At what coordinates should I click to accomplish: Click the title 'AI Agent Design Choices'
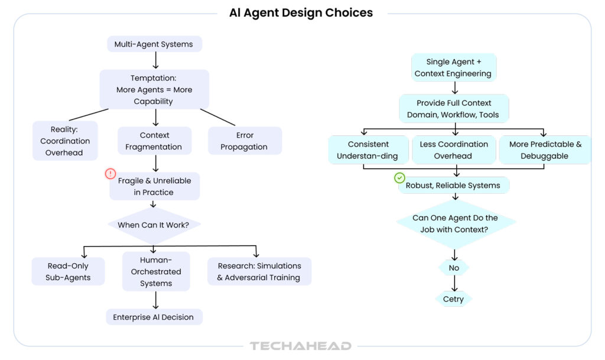301,13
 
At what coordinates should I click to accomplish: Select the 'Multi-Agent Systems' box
154,44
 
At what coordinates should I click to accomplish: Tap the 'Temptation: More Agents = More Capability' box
154,89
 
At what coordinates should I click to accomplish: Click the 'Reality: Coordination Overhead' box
65,141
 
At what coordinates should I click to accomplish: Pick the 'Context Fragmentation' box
155,141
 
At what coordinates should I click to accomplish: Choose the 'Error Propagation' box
244,141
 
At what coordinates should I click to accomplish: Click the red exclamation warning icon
110,174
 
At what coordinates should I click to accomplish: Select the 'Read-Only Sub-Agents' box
68,271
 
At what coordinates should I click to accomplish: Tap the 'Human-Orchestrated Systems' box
156,271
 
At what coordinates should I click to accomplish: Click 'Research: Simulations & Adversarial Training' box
259,271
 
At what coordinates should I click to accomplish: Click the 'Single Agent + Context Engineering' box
453,67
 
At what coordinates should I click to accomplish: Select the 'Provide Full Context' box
453,109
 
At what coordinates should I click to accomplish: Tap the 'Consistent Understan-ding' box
368,150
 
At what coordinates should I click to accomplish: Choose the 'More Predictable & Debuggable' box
545,150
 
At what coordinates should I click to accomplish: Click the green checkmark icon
400,177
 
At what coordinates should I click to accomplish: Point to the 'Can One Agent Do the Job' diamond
454,223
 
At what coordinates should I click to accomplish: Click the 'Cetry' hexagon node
454,299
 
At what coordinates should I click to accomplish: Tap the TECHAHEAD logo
300,346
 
